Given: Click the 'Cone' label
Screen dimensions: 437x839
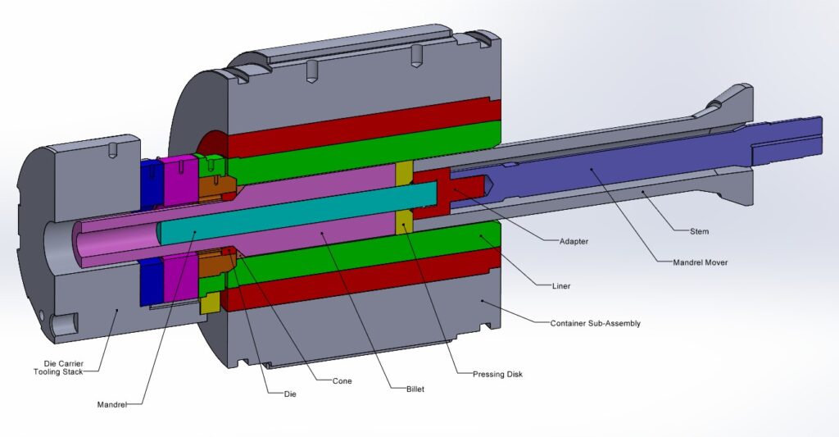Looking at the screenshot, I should pyautogui.click(x=342, y=381).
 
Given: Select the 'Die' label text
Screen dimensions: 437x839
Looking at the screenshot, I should pyautogui.click(x=279, y=394).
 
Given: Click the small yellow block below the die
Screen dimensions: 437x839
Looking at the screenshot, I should pyautogui.click(x=209, y=304).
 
